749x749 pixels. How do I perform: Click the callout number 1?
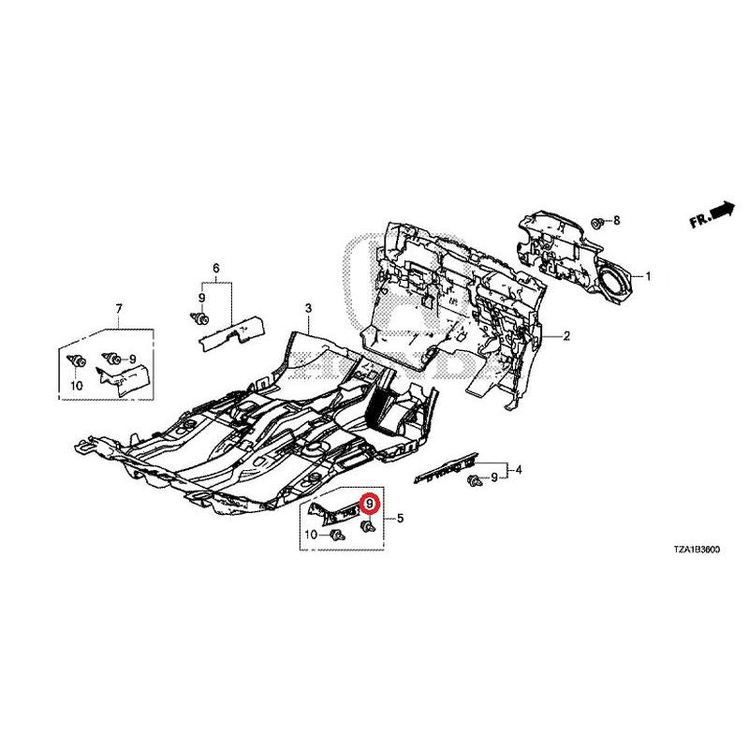pos(648,276)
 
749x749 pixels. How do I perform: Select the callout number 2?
pos(566,336)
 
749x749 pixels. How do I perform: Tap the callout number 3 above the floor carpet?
pos(308,308)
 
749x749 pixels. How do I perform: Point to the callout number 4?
pos(519,470)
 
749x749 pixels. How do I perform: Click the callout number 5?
pos(401,518)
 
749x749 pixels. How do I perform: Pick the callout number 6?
pos(216,268)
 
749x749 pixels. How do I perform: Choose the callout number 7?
pos(119,309)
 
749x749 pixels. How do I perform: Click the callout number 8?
pos(616,220)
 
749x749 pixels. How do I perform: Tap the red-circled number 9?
pos(369,504)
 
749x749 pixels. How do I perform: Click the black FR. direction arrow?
pos(722,210)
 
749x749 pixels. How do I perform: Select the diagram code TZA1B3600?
pos(697,550)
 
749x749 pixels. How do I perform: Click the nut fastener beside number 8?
pos(596,223)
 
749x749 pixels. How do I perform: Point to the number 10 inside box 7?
pos(77,386)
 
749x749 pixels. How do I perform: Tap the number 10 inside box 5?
pos(311,534)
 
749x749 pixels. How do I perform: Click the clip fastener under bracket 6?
pos(199,317)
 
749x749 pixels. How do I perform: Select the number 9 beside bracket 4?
pos(494,477)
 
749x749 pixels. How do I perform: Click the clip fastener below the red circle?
pos(368,526)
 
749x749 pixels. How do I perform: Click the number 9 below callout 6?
pos(201,298)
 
